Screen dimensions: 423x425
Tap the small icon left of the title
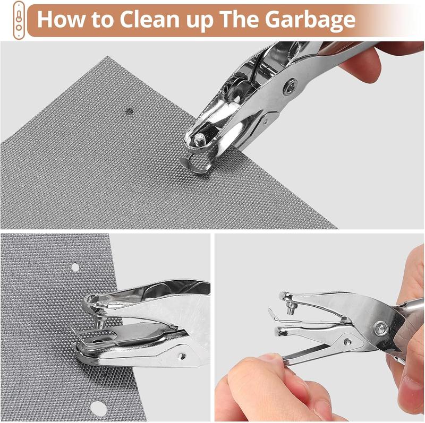click(19, 19)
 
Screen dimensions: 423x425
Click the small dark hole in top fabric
click(129, 111)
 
